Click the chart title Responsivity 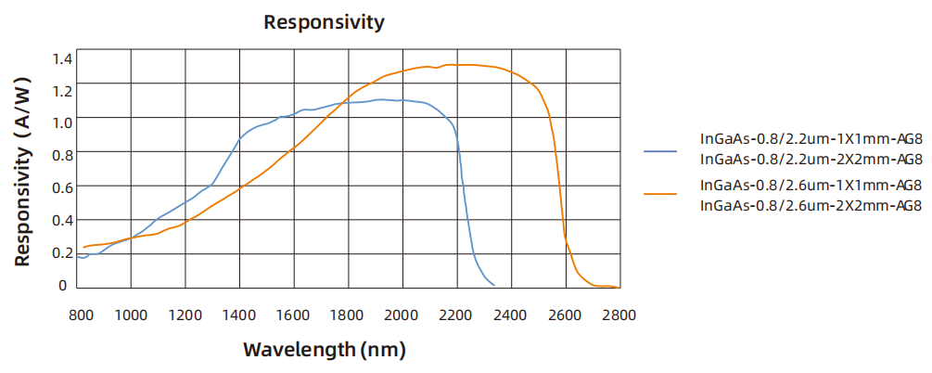[x=324, y=22]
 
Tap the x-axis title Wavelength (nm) [x=325, y=350]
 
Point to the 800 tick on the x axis [x=82, y=315]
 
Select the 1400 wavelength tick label [x=240, y=315]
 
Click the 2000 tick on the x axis [x=402, y=315]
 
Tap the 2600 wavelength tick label [x=565, y=315]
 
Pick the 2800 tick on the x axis [x=619, y=315]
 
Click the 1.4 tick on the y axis [x=61, y=59]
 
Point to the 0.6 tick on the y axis [x=61, y=187]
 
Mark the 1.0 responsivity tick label [x=61, y=122]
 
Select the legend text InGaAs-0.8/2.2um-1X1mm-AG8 [x=811, y=139]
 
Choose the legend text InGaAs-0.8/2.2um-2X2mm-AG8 [x=811, y=159]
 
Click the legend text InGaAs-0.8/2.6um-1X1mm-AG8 [x=811, y=185]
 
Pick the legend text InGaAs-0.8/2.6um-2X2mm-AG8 [x=811, y=204]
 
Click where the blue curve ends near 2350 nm [x=493, y=285]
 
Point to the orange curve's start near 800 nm [x=83, y=247]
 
